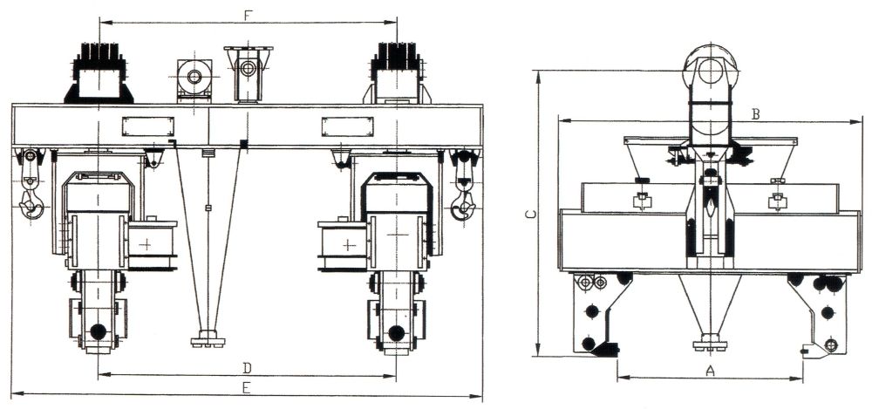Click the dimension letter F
pos(248,16)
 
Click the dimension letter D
pos(248,367)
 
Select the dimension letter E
pos(247,388)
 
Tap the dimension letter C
pos(530,215)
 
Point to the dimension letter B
pos(756,114)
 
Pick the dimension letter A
pos(710,370)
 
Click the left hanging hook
pos(31,184)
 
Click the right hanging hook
pos(465,184)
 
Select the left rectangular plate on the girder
pos(148,126)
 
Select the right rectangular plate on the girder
pos(348,126)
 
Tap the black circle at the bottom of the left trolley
pos(98,331)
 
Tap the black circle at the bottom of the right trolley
pos(397,333)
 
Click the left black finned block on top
pos(99,72)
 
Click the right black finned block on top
pos(397,72)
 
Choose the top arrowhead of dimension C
pos(538,76)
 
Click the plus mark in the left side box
pos(146,243)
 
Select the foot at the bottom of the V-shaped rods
pos(208,339)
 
